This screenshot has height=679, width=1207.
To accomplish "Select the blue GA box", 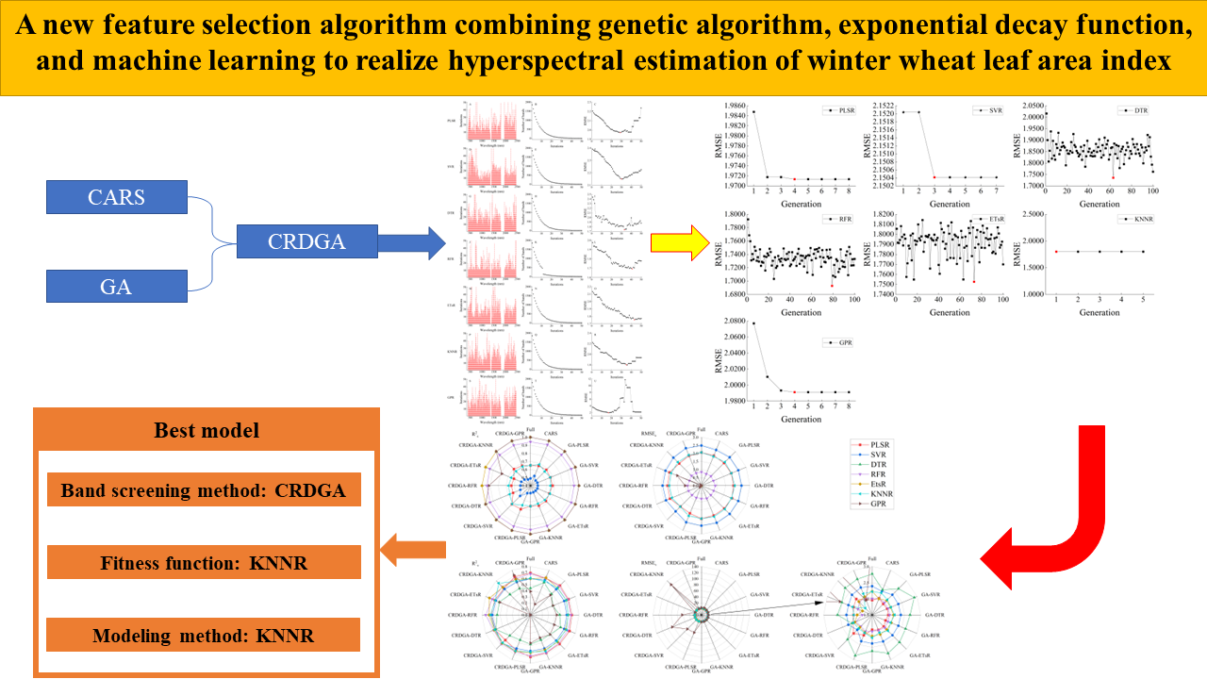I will [x=115, y=284].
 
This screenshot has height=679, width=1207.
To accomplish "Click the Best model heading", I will [x=206, y=430].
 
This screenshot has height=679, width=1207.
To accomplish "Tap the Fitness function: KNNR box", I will [x=204, y=564].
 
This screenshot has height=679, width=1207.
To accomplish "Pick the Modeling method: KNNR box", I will [x=204, y=635].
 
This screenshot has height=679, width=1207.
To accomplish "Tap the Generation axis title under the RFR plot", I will [x=800, y=310].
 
